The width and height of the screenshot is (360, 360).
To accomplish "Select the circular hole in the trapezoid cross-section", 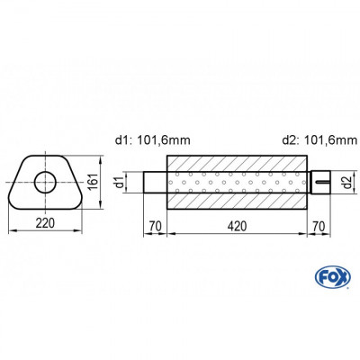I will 43,184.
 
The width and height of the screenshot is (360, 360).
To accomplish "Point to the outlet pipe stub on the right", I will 322,183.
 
